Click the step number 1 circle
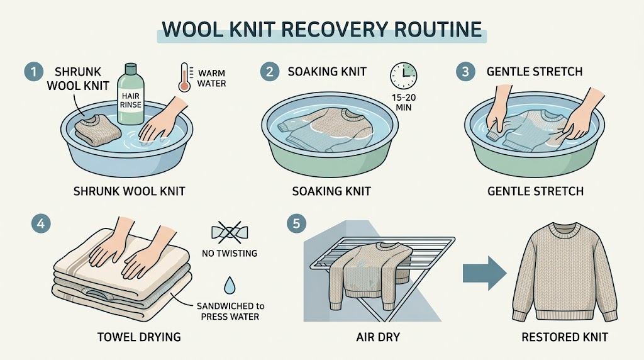click(x=34, y=72)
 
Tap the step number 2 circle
click(x=269, y=72)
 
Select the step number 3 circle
click(x=465, y=72)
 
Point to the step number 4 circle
click(x=41, y=224)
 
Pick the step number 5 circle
click(x=297, y=224)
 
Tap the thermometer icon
click(x=184, y=77)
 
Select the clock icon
click(x=403, y=76)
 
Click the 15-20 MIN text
click(x=403, y=103)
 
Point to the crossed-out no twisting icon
click(x=230, y=233)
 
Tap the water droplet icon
click(x=230, y=285)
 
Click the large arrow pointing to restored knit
click(x=485, y=273)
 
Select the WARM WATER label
click(x=211, y=78)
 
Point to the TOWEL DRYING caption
click(x=139, y=337)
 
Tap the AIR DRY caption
click(x=378, y=337)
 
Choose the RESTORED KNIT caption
click(x=565, y=337)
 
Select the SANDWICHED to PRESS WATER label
click(x=230, y=311)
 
